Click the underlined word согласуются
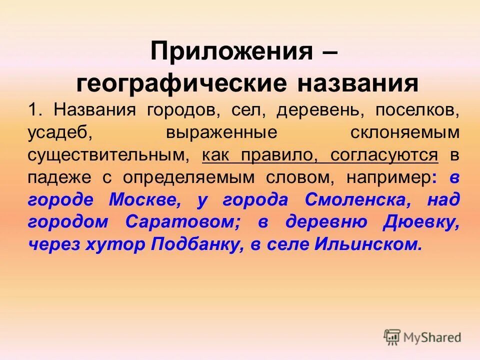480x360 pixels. coord(384,155)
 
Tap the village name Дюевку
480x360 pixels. coord(420,222)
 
